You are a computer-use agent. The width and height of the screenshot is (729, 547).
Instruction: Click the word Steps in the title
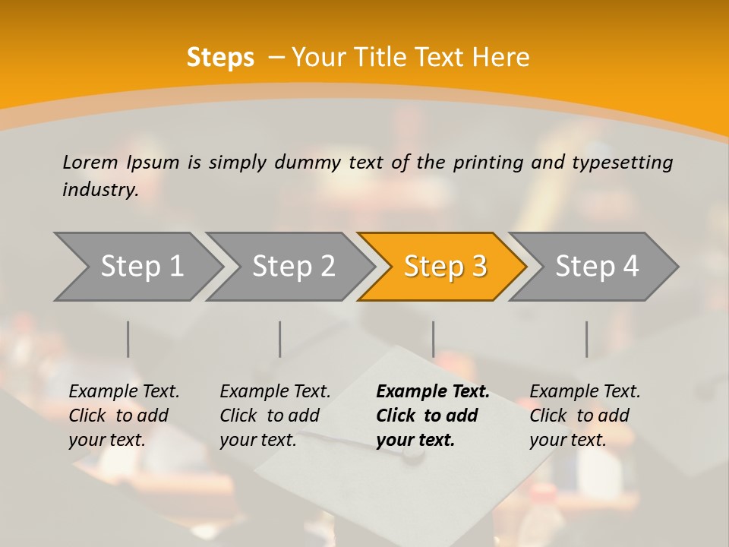pos(220,58)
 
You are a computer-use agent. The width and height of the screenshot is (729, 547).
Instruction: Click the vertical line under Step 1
pos(128,339)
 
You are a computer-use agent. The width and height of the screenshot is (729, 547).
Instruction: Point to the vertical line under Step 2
pos(280,339)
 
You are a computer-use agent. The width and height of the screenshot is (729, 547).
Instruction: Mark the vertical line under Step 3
pos(433,339)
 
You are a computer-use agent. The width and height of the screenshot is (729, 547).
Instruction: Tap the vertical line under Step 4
pos(586,339)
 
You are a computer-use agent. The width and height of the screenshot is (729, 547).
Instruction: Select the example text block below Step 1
pos(124,415)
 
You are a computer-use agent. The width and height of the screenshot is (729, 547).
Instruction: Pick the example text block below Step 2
pos(275,415)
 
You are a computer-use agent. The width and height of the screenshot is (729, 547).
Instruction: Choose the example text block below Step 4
pos(585,415)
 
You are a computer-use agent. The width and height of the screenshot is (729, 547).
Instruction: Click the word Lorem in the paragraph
pos(90,163)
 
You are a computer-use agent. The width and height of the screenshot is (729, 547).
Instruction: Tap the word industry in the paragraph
pos(99,189)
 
